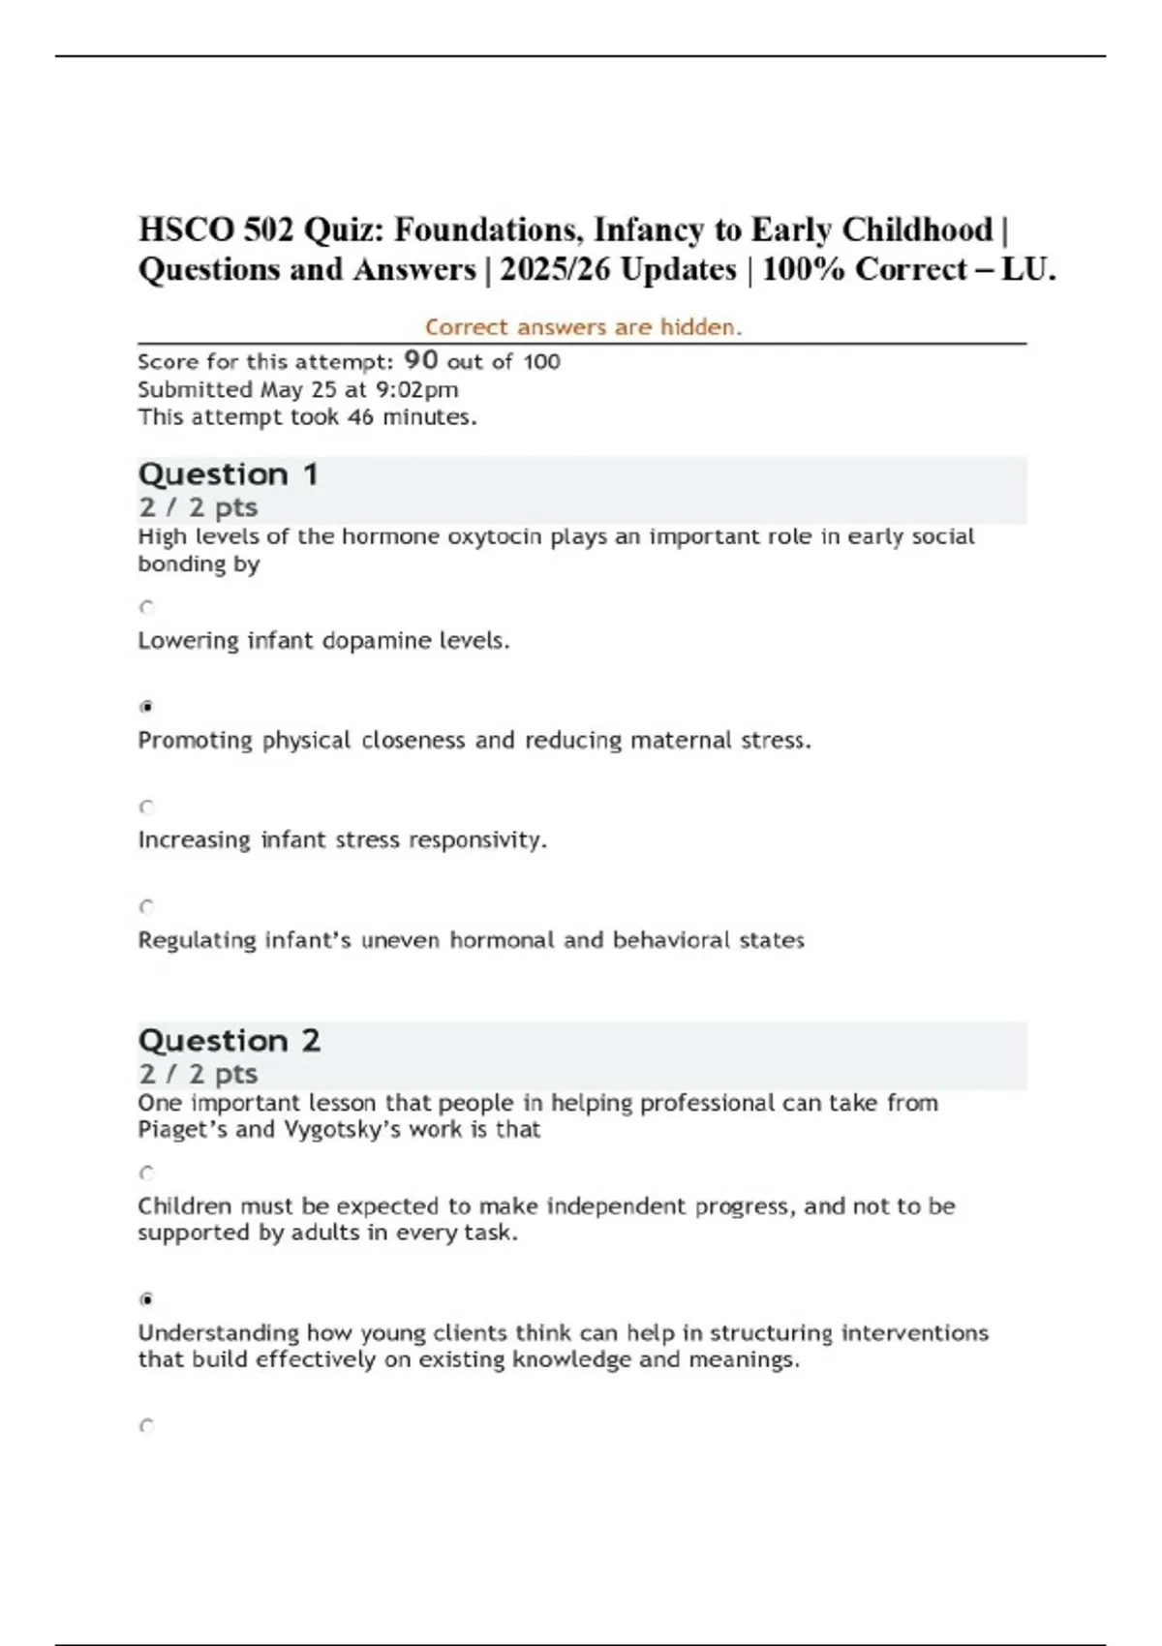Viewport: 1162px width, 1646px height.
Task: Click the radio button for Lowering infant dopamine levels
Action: tap(146, 607)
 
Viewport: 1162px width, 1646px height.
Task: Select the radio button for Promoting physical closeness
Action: tap(146, 707)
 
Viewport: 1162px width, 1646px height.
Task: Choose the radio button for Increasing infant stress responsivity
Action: tap(146, 807)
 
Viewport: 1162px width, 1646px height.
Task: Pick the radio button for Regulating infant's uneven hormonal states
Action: tap(146, 907)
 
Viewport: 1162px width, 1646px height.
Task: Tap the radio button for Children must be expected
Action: tap(146, 1174)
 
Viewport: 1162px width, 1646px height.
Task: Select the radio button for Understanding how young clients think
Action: tap(146, 1299)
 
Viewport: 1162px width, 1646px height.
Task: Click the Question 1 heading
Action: tap(229, 474)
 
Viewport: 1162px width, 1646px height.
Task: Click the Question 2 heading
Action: tap(229, 1041)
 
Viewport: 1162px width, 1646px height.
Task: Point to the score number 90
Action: tap(421, 360)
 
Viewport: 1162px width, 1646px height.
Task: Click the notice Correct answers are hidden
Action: tap(583, 327)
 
